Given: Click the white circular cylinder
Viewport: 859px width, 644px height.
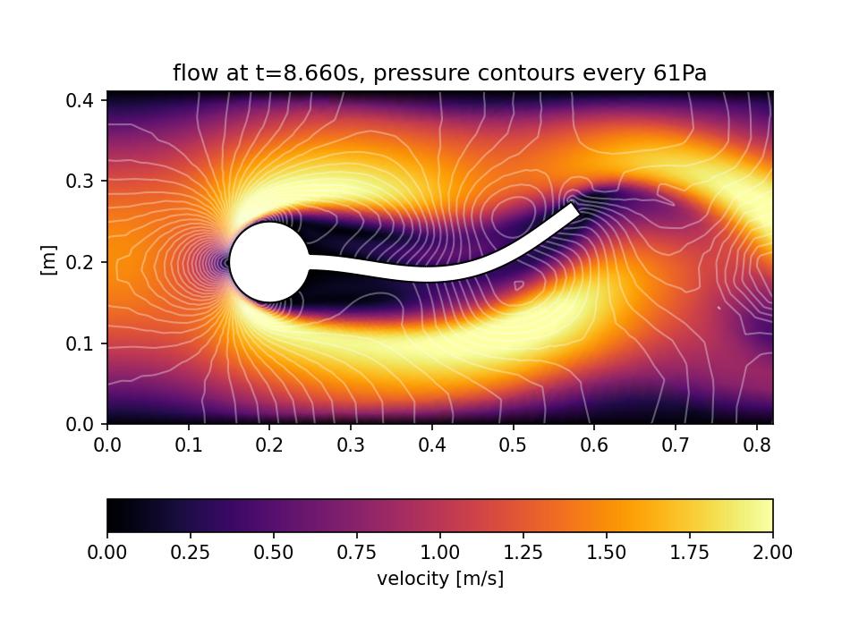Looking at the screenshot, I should (269, 262).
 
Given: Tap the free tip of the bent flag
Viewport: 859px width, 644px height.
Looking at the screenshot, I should (575, 209).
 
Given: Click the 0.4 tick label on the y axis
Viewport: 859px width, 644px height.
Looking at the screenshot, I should (83, 99).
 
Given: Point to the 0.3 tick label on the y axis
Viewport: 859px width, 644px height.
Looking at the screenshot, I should (83, 181).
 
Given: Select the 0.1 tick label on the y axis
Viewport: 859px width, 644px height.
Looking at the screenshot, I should (83, 343).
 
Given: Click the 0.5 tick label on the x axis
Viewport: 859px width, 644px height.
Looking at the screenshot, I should (513, 444).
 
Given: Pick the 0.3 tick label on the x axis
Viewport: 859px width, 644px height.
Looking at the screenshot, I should (351, 444).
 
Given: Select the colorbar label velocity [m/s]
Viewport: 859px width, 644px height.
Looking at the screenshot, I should (440, 579).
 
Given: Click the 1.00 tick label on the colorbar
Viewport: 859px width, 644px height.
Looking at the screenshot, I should (439, 553).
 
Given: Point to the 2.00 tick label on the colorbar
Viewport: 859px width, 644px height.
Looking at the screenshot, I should (772, 553).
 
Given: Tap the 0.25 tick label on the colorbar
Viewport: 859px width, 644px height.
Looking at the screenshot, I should (190, 553).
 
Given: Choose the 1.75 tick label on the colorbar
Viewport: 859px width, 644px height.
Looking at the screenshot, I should (689, 553).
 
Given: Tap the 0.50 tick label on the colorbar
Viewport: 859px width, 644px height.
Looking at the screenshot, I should (273, 553).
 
